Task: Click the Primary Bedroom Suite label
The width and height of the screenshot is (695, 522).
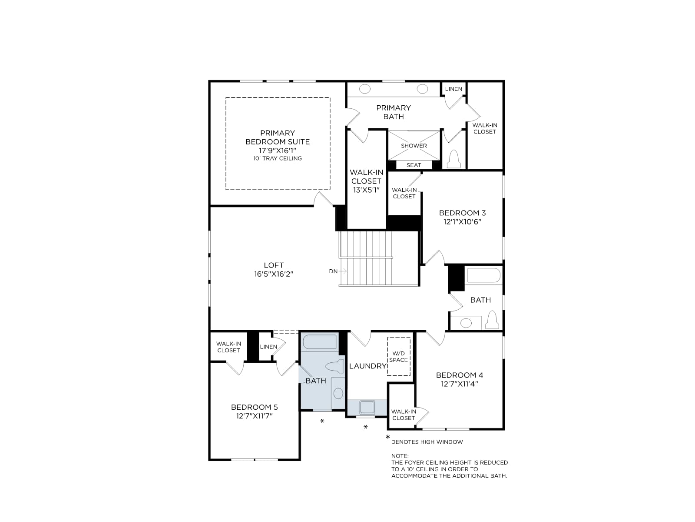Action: tap(278, 137)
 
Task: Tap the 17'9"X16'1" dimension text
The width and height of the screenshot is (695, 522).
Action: tap(278, 151)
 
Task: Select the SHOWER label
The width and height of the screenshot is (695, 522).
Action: tap(414, 146)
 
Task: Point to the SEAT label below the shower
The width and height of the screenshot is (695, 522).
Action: tap(414, 165)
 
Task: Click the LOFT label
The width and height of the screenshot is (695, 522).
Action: tap(274, 265)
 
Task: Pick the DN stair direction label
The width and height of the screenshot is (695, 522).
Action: tap(333, 271)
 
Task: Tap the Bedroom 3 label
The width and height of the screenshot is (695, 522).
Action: tap(462, 213)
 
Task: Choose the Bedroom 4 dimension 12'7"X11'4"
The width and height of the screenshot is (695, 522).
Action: tap(460, 384)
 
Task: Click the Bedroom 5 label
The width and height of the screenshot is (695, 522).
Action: tap(254, 407)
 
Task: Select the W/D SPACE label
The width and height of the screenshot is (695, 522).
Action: tap(398, 357)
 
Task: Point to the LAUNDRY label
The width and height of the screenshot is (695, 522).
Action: tap(367, 366)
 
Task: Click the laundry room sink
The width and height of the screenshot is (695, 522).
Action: tap(367, 407)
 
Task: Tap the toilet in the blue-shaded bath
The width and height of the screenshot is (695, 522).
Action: tap(335, 367)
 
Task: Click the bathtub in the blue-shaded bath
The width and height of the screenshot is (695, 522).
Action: tap(321, 342)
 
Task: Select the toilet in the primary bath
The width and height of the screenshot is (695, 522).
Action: tap(454, 159)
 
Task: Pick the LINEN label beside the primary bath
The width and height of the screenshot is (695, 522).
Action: tap(453, 89)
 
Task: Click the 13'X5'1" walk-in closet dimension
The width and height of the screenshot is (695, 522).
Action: tap(366, 190)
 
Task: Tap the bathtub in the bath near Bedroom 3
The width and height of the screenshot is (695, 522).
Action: tap(483, 275)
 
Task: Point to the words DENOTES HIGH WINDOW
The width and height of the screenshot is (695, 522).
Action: tap(427, 442)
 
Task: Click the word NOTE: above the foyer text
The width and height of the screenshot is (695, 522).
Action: tap(400, 456)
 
